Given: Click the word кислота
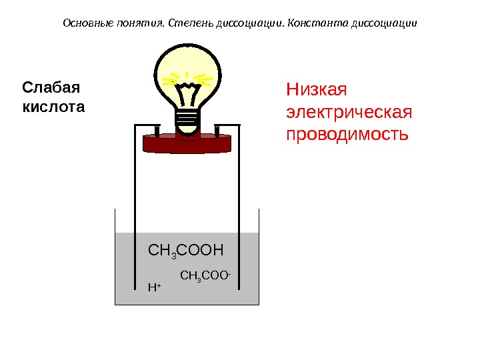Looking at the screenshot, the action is click(x=54, y=107).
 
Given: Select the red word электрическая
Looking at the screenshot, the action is click(x=349, y=111).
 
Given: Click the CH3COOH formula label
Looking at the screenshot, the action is click(x=186, y=251).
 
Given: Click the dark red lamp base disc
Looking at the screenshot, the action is click(x=187, y=142).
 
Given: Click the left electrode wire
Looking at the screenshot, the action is click(x=136, y=200).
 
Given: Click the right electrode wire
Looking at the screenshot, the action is click(x=239, y=200).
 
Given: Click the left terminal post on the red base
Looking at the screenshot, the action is click(x=156, y=129).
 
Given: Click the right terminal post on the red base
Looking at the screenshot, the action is click(x=218, y=129).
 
